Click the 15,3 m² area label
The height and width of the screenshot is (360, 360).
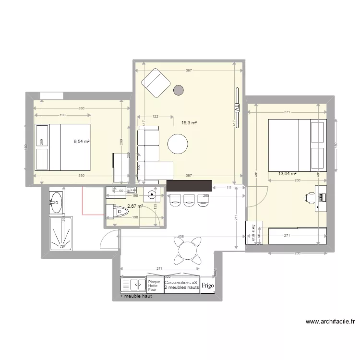(x=189, y=123)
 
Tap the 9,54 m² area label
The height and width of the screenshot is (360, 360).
(x=82, y=142)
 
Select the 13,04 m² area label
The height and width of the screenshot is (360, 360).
(x=287, y=174)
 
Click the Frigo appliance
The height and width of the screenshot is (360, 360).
(x=208, y=285)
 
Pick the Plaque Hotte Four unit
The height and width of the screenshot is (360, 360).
(x=155, y=286)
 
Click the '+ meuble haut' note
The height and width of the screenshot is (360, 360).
(x=136, y=297)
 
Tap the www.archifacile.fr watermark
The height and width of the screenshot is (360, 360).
(x=330, y=322)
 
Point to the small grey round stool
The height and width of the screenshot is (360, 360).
(x=179, y=90)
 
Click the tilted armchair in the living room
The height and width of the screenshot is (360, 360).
(x=156, y=83)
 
